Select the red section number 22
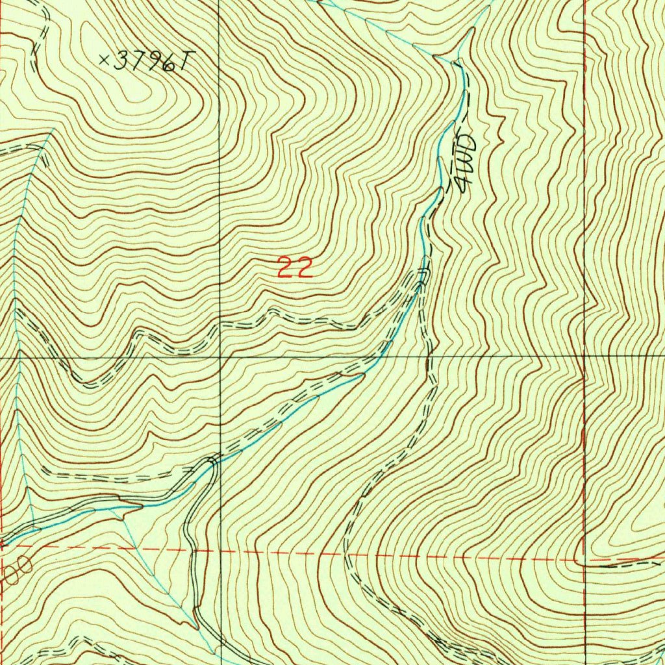(295, 268)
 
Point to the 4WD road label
(466, 163)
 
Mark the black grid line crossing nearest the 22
(220, 357)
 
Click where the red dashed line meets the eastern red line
(584, 560)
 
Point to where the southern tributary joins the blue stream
(119, 507)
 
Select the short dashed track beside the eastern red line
(623, 564)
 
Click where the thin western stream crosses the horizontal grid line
(19, 357)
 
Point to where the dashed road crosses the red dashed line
(345, 555)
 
